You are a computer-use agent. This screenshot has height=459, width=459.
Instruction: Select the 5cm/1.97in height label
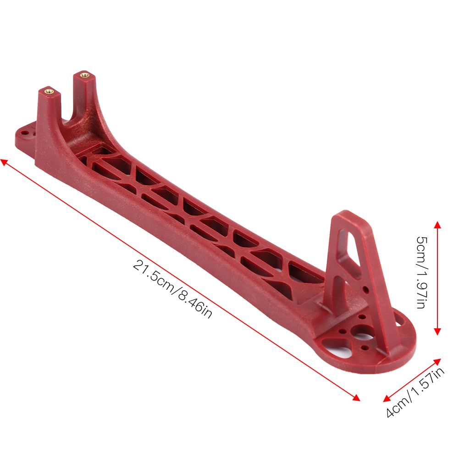(x=422, y=272)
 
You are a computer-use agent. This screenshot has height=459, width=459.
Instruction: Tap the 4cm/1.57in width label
(x=415, y=392)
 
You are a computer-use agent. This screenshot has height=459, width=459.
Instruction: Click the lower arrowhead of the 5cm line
(x=437, y=332)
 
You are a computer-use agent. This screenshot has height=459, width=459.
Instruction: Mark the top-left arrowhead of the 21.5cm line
(x=4, y=162)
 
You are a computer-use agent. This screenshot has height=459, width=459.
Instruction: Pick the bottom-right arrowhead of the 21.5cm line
(x=356, y=398)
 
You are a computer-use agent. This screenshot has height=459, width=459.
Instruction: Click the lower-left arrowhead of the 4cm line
(x=387, y=398)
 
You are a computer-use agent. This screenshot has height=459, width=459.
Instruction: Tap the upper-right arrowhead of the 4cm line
(x=437, y=362)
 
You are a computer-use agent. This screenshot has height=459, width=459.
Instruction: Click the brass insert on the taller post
(x=84, y=74)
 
